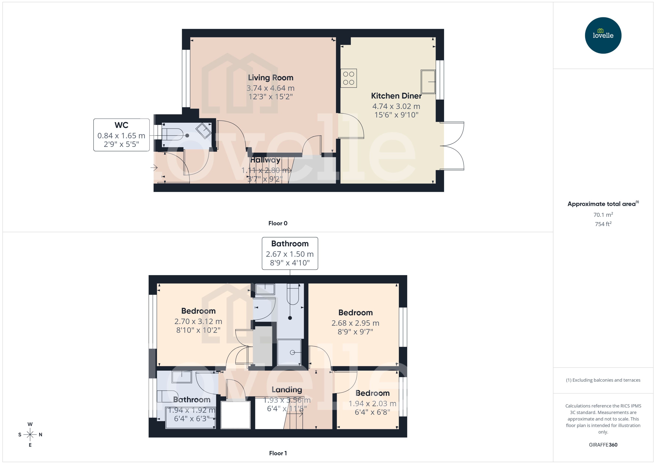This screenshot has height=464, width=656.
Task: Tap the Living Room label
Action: (x=270, y=78)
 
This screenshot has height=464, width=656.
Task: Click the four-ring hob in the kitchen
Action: (x=348, y=78)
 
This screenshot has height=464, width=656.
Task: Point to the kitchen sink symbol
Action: (x=428, y=82)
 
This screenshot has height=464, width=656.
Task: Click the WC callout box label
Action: (x=121, y=125)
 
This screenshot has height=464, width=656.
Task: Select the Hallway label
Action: (x=265, y=160)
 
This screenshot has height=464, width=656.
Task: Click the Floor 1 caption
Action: (x=278, y=453)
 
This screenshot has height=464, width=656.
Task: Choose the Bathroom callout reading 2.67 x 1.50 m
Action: (x=290, y=253)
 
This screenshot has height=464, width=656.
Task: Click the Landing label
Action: (x=287, y=390)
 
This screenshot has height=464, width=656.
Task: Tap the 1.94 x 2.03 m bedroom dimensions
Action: (x=372, y=404)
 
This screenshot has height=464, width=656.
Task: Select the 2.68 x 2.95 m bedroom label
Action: (x=355, y=313)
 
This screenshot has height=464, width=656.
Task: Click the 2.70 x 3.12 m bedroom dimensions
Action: (x=198, y=321)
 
